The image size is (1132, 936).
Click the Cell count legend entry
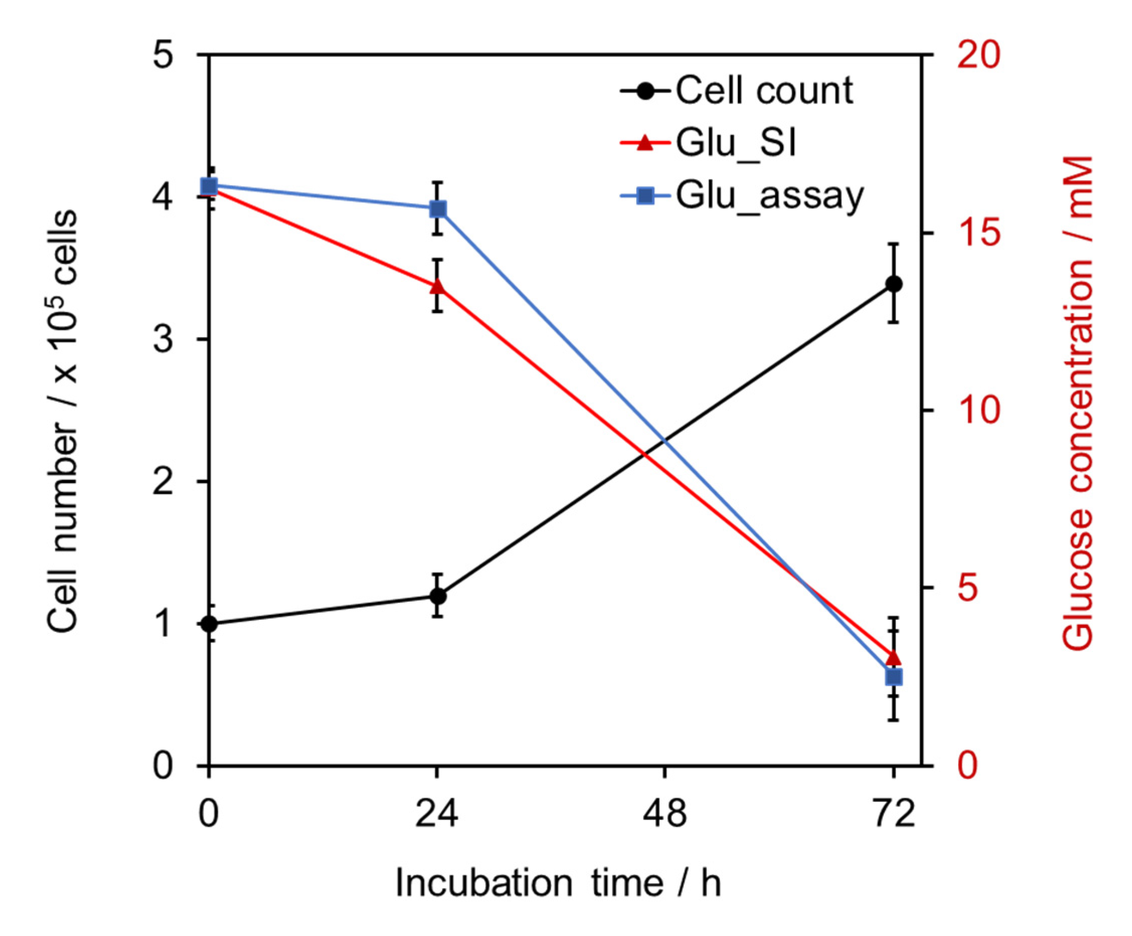[738, 90]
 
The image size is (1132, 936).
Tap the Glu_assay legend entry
[744, 196]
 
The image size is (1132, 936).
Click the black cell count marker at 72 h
[894, 284]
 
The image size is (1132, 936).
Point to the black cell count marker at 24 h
[438, 596]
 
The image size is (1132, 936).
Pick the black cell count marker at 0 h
[209, 624]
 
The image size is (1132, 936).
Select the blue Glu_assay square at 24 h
[438, 209]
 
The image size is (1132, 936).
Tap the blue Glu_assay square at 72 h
[894, 677]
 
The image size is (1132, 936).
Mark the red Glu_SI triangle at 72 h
[894, 657]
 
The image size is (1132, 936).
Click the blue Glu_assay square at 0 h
[209, 186]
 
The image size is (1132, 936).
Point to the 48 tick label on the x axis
[665, 814]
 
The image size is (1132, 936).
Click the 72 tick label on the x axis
[894, 814]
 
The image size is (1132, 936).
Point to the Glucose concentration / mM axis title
[1078, 404]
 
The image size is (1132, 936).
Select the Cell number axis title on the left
[62, 421]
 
